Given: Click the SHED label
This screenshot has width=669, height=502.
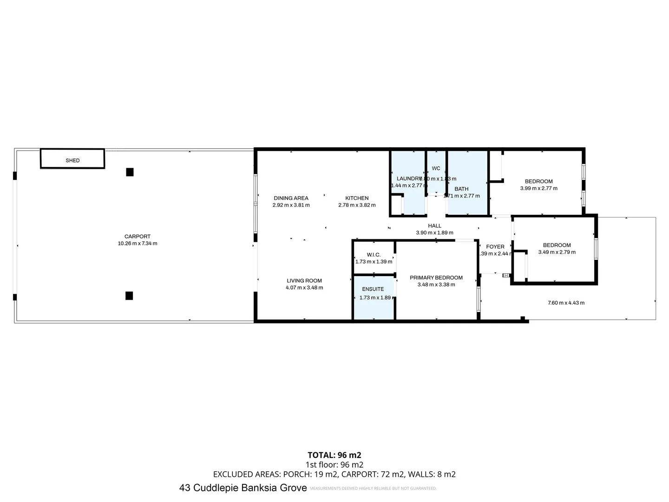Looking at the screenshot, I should pos(72,160).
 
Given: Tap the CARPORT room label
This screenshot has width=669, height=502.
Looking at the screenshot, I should pos(138,237).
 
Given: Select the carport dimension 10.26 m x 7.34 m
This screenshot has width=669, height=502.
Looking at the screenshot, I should pos(138,244).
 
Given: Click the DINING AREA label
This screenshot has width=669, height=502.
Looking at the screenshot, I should pos(291,198).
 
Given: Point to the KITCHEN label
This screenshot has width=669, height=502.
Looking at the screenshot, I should pos(357,198).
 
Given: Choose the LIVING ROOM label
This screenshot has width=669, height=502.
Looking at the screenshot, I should pos(304,281).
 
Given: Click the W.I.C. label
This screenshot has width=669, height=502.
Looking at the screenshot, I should pos(374,255).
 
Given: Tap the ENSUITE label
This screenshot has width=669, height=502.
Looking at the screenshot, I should pos(373,289).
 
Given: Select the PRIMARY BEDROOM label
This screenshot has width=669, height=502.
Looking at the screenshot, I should pos(436,278).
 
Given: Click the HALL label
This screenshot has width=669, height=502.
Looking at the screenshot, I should pos(434,226).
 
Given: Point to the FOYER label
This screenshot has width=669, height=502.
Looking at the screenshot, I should pos(495,247).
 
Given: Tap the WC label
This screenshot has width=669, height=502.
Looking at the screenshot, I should pos(436,168).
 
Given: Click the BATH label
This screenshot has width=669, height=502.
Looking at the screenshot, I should pos(461,189).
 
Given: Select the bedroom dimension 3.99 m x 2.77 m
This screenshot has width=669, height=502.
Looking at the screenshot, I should pos(538,188).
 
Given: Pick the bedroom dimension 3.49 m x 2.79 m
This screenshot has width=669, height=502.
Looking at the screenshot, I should pos(557,252).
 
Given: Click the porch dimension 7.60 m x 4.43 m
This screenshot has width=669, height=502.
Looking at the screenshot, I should pos(566,303).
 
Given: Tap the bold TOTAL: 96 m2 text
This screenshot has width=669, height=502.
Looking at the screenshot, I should pos(334,455).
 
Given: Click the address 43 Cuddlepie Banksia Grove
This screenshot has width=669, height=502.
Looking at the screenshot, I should pos(243,488).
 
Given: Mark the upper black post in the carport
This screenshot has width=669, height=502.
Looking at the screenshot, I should pos(130,172).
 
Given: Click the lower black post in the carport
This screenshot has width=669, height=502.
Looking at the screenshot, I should pos(129,296).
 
